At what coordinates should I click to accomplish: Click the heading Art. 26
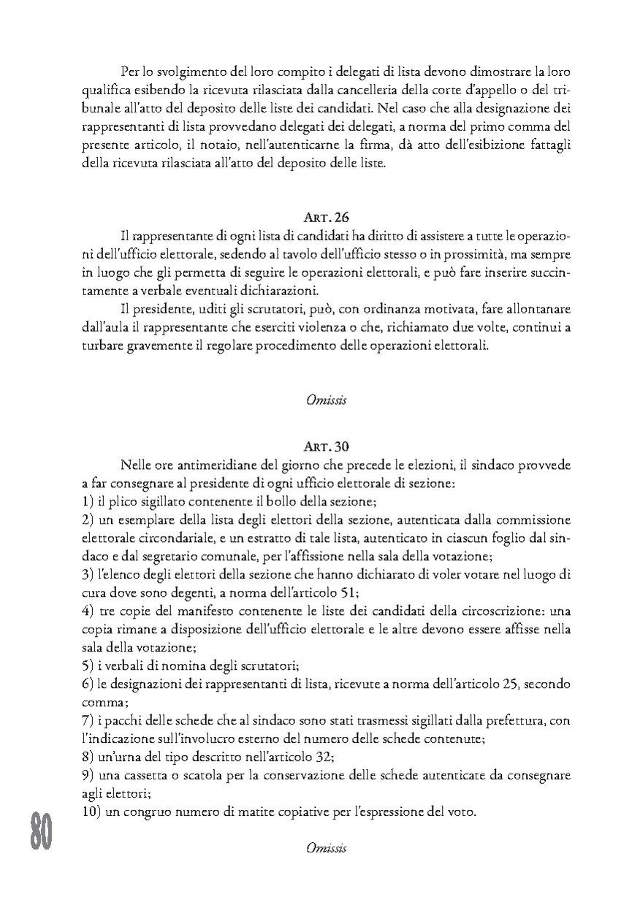point(326,217)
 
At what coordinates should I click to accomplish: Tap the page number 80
point(41,833)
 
